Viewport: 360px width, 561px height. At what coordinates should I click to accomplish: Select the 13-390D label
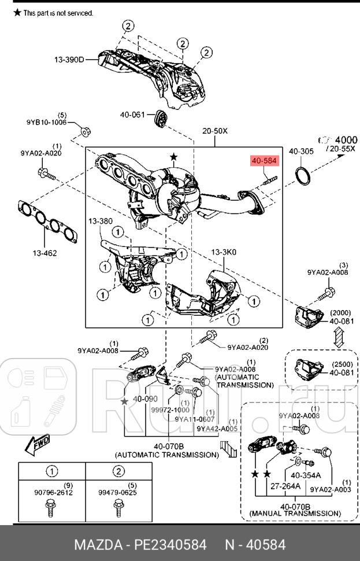[x=69, y=60]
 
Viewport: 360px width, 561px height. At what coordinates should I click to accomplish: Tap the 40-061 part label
[x=132, y=115]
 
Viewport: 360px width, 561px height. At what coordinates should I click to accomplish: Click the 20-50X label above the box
[x=214, y=131]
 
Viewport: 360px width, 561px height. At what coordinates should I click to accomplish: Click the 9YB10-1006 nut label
[x=46, y=123]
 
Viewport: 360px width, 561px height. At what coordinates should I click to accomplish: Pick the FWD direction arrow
[x=38, y=445]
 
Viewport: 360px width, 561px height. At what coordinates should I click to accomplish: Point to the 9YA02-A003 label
[x=331, y=489]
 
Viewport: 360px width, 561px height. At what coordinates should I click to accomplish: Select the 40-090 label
[x=145, y=399]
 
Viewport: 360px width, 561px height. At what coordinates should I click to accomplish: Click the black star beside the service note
[x=17, y=12]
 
